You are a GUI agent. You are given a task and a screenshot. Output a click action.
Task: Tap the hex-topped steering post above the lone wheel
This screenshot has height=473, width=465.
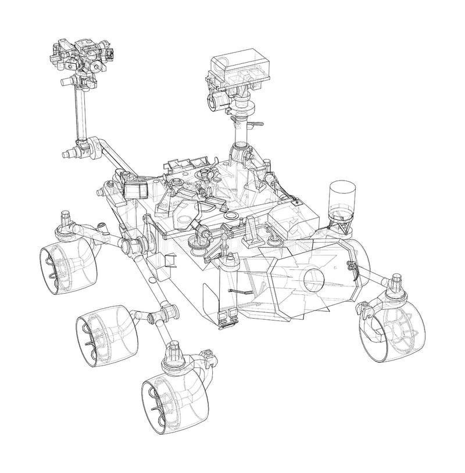coord(397,282)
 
